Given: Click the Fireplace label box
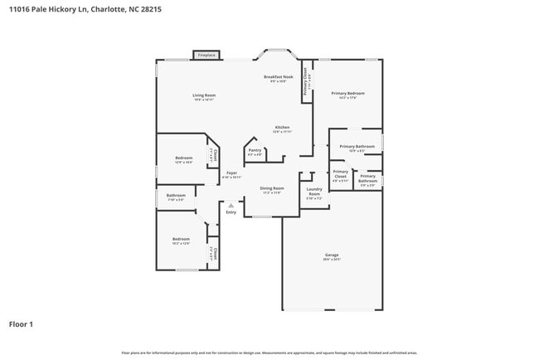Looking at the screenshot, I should pos(206,56).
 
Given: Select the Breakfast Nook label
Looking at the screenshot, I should pos(279,77).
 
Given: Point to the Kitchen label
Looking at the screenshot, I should pos(282,128).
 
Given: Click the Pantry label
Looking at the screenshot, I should pos(255,150).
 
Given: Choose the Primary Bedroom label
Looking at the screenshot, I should pos(344,95).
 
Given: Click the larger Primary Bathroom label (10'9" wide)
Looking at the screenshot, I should pos(357,147).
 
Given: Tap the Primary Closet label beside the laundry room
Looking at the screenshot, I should pos(340,174).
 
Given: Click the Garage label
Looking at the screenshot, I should pos(332,255).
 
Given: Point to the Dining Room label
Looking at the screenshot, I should pos(271,188).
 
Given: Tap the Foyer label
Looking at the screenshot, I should pos(232,173).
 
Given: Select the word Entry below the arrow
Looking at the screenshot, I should pos(231,212).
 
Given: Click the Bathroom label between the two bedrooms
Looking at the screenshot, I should pos(177,197).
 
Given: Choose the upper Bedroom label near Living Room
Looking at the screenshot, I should pos(183,158).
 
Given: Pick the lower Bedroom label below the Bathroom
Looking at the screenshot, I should pos(181,241).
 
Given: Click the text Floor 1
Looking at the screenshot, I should pos(22,324).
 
